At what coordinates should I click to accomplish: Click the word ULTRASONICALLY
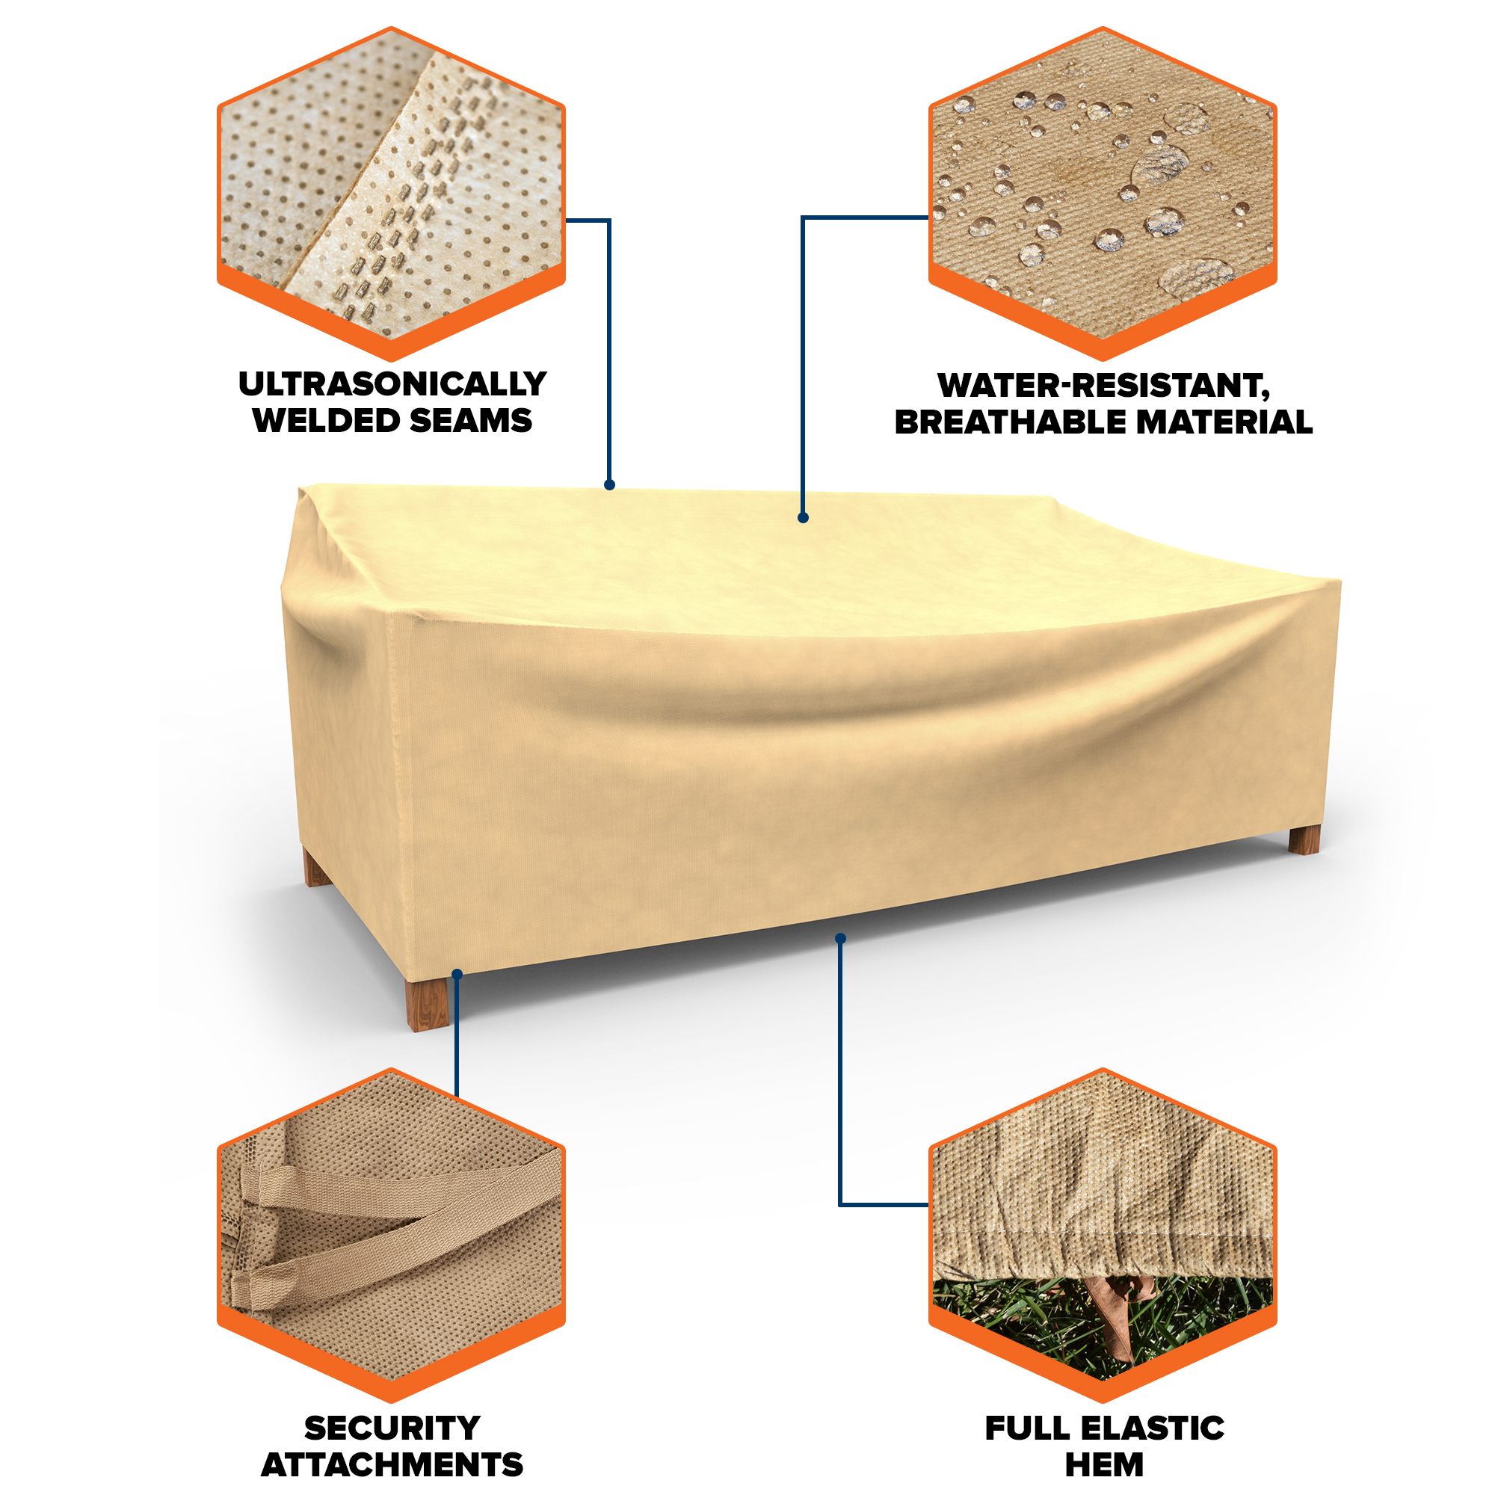tap(392, 383)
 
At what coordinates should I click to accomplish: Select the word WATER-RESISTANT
tap(1103, 386)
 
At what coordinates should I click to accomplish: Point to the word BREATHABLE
tap(1011, 422)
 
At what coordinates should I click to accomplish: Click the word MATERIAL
tap(1224, 422)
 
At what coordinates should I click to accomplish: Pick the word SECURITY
tap(392, 1428)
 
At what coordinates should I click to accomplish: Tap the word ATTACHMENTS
tap(392, 1465)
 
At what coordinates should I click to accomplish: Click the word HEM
tap(1104, 1465)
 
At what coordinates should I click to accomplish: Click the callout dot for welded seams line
tap(610, 484)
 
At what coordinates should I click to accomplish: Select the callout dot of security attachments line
tap(457, 974)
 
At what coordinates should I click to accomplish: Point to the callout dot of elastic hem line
tap(840, 939)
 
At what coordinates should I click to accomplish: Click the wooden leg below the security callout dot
tap(428, 1004)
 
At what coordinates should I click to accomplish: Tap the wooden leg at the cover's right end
tap(1304, 839)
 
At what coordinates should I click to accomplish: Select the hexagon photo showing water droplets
tap(1103, 194)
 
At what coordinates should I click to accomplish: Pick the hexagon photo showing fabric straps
tap(392, 1236)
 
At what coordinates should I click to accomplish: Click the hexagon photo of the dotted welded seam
tap(392, 194)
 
